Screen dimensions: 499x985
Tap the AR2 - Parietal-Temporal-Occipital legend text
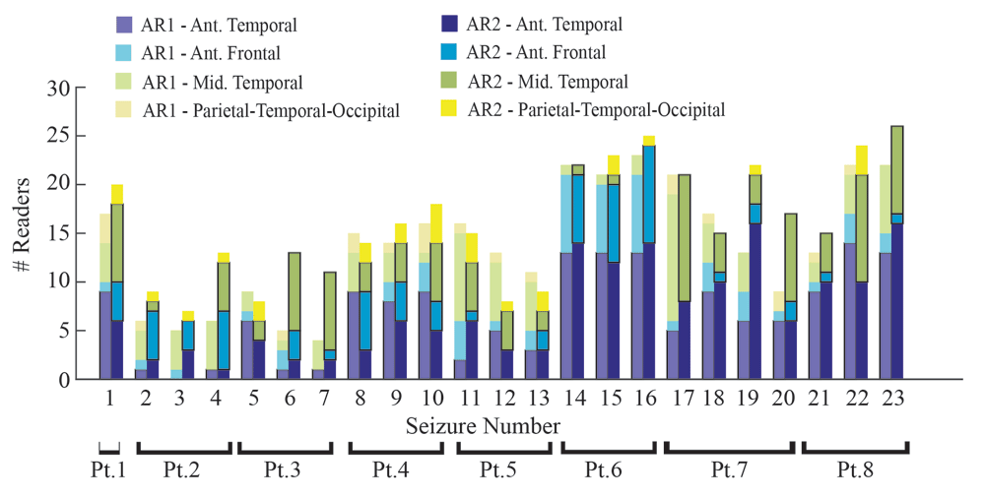tap(596, 109)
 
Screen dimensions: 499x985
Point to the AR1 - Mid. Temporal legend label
tap(222, 82)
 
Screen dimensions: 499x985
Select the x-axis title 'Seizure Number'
tap(483, 425)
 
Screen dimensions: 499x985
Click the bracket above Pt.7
tap(728, 448)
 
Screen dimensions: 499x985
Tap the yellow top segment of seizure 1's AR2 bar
tap(117, 194)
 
